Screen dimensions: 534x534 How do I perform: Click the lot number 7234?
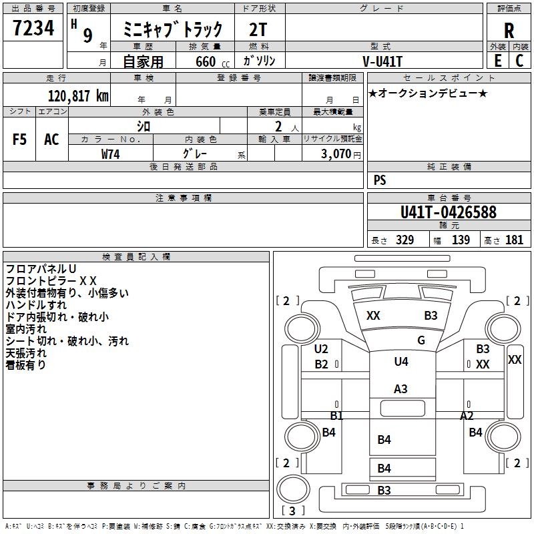(x=33, y=28)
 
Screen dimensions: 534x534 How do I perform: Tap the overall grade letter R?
(x=509, y=31)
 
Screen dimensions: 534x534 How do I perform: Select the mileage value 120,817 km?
(x=78, y=96)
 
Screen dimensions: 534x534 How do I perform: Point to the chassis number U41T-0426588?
(x=449, y=212)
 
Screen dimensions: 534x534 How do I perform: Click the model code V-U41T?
(x=382, y=61)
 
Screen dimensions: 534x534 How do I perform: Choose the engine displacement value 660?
(x=206, y=61)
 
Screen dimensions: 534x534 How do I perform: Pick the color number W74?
(x=110, y=154)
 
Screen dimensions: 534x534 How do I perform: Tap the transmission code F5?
(x=19, y=140)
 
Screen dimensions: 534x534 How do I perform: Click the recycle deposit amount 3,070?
(x=336, y=154)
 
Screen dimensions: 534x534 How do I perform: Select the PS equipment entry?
(x=380, y=180)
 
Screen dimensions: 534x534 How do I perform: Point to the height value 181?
(x=514, y=240)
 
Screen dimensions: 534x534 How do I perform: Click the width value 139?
(x=461, y=240)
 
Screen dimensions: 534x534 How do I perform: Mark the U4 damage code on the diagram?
(x=401, y=361)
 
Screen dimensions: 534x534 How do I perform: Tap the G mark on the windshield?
(x=421, y=340)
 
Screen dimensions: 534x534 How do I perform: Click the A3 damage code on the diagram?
(x=400, y=389)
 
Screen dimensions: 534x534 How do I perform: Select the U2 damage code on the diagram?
(x=321, y=348)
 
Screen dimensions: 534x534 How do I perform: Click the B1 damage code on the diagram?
(x=337, y=415)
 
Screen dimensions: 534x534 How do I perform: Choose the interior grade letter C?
(x=519, y=61)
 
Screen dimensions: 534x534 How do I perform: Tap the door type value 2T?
(x=258, y=29)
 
